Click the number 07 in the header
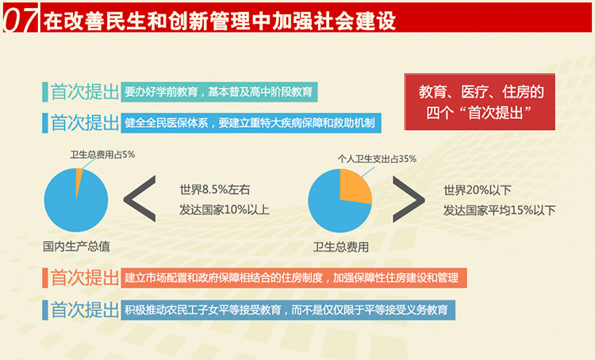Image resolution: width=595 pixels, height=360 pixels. pyautogui.click(x=21, y=19)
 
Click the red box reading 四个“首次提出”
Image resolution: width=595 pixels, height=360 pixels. pyautogui.click(x=480, y=101)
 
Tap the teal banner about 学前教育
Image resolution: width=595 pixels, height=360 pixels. pyautogui.click(x=219, y=92)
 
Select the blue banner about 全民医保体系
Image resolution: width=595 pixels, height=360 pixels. pyautogui.click(x=251, y=123)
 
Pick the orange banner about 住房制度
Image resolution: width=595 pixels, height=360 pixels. pyautogui.click(x=294, y=278)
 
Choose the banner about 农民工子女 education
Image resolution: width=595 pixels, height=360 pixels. pyautogui.click(x=288, y=310)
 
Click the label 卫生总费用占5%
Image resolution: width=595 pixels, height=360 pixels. pyautogui.click(x=102, y=155)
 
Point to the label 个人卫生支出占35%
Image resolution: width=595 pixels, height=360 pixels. pyautogui.click(x=377, y=159)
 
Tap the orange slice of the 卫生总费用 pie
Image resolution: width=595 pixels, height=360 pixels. pyautogui.click(x=354, y=186)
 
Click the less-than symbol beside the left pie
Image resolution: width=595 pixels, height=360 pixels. pyautogui.click(x=140, y=199)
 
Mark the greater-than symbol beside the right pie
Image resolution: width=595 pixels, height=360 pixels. pyautogui.click(x=409, y=199)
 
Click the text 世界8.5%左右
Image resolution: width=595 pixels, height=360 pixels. pyautogui.click(x=215, y=190)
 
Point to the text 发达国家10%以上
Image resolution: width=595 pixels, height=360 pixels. pyautogui.click(x=225, y=209)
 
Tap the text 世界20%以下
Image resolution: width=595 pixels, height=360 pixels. pyautogui.click(x=478, y=190)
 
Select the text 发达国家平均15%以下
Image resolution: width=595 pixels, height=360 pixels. pyautogui.click(x=499, y=210)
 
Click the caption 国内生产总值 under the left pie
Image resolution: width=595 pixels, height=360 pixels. pyautogui.click(x=76, y=247)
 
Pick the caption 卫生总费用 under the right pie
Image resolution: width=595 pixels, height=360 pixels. pyautogui.click(x=341, y=247)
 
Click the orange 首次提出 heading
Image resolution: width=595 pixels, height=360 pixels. pyautogui.click(x=85, y=278)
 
